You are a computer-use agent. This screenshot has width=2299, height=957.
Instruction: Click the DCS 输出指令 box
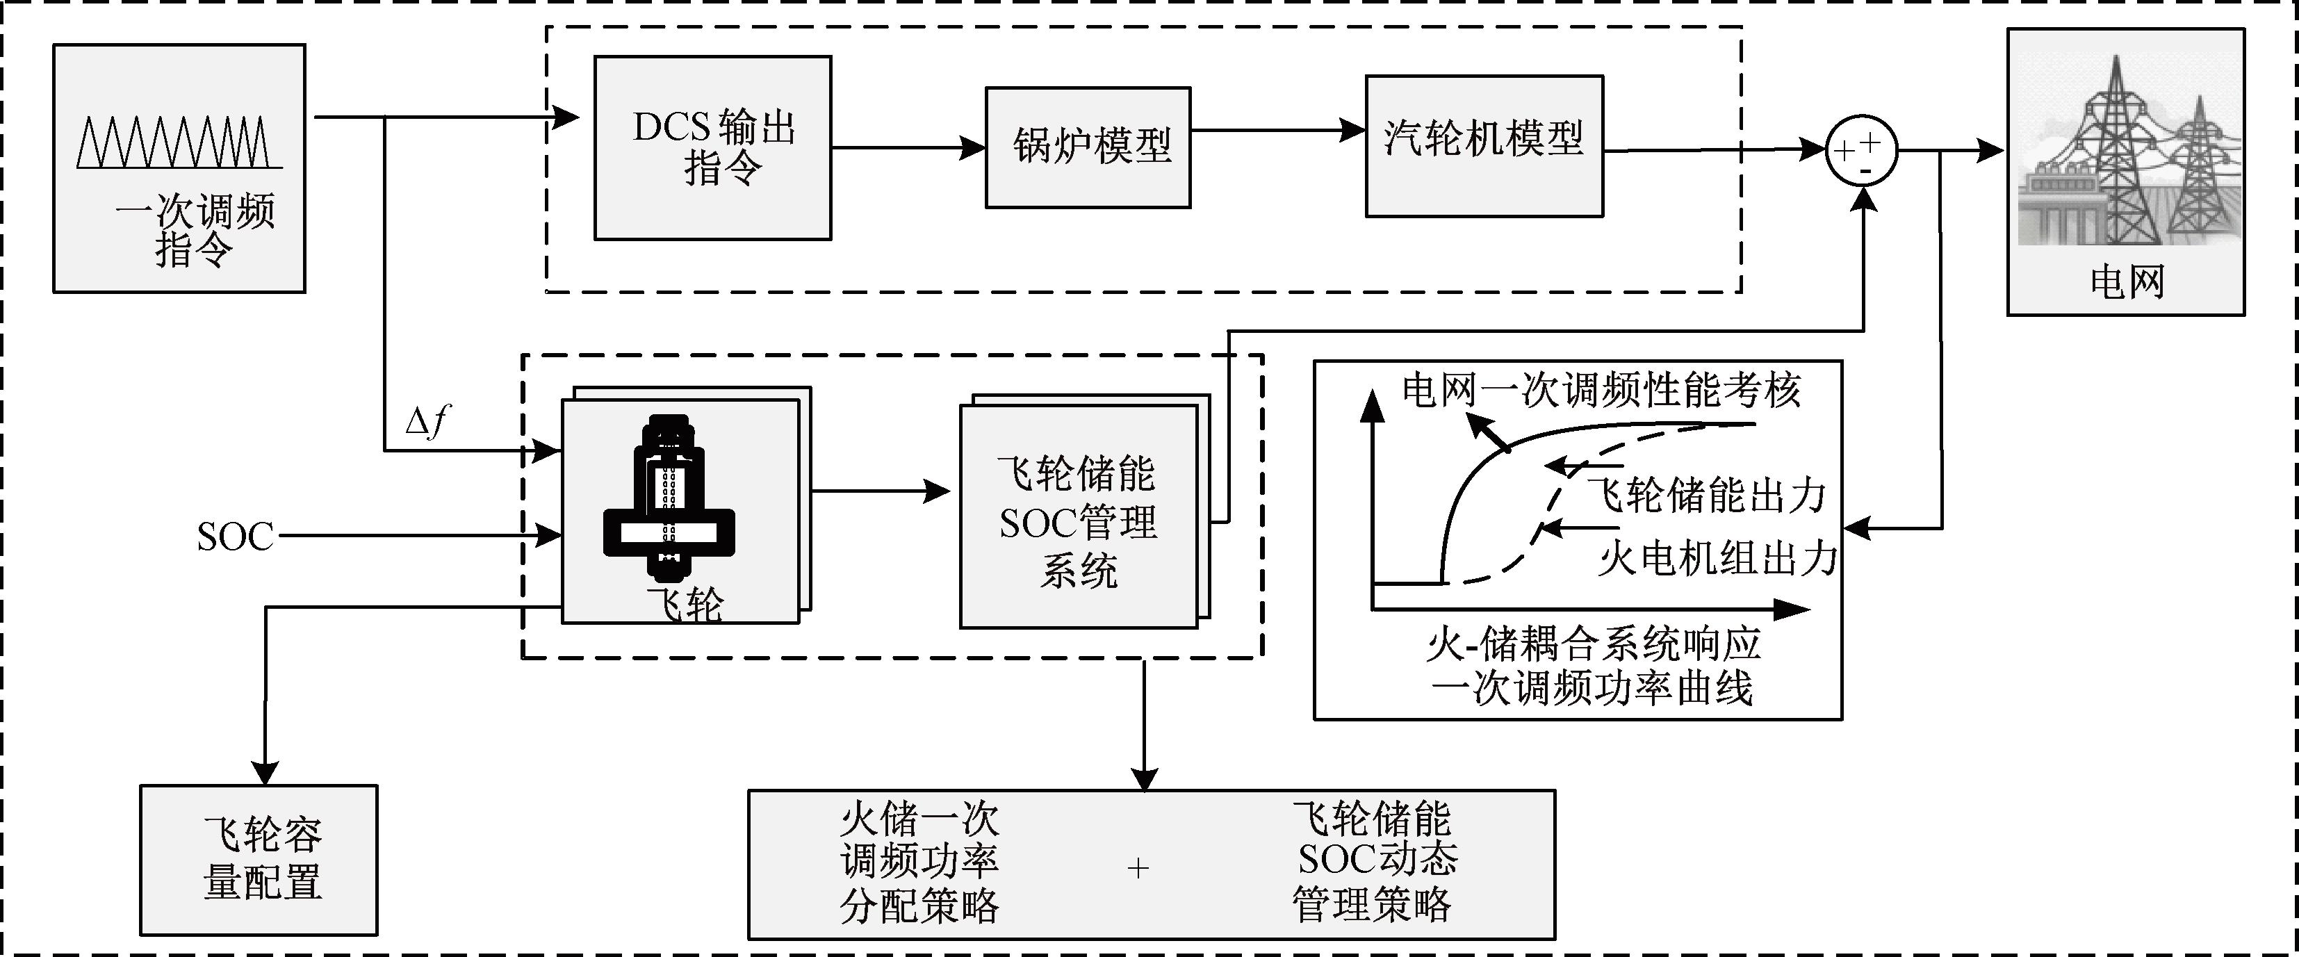(712, 147)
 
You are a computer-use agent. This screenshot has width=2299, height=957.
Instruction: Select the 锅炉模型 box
(1087, 147)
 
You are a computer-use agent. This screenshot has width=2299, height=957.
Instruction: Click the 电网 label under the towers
(2127, 282)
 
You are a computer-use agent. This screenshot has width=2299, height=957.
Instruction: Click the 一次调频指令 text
(195, 229)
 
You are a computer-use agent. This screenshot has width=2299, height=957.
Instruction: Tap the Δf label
(427, 420)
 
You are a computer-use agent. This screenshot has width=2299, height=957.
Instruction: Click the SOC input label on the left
(235, 537)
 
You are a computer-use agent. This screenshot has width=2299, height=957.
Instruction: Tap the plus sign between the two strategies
(1138, 868)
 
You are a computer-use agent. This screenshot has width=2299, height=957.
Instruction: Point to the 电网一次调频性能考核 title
(1601, 390)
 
